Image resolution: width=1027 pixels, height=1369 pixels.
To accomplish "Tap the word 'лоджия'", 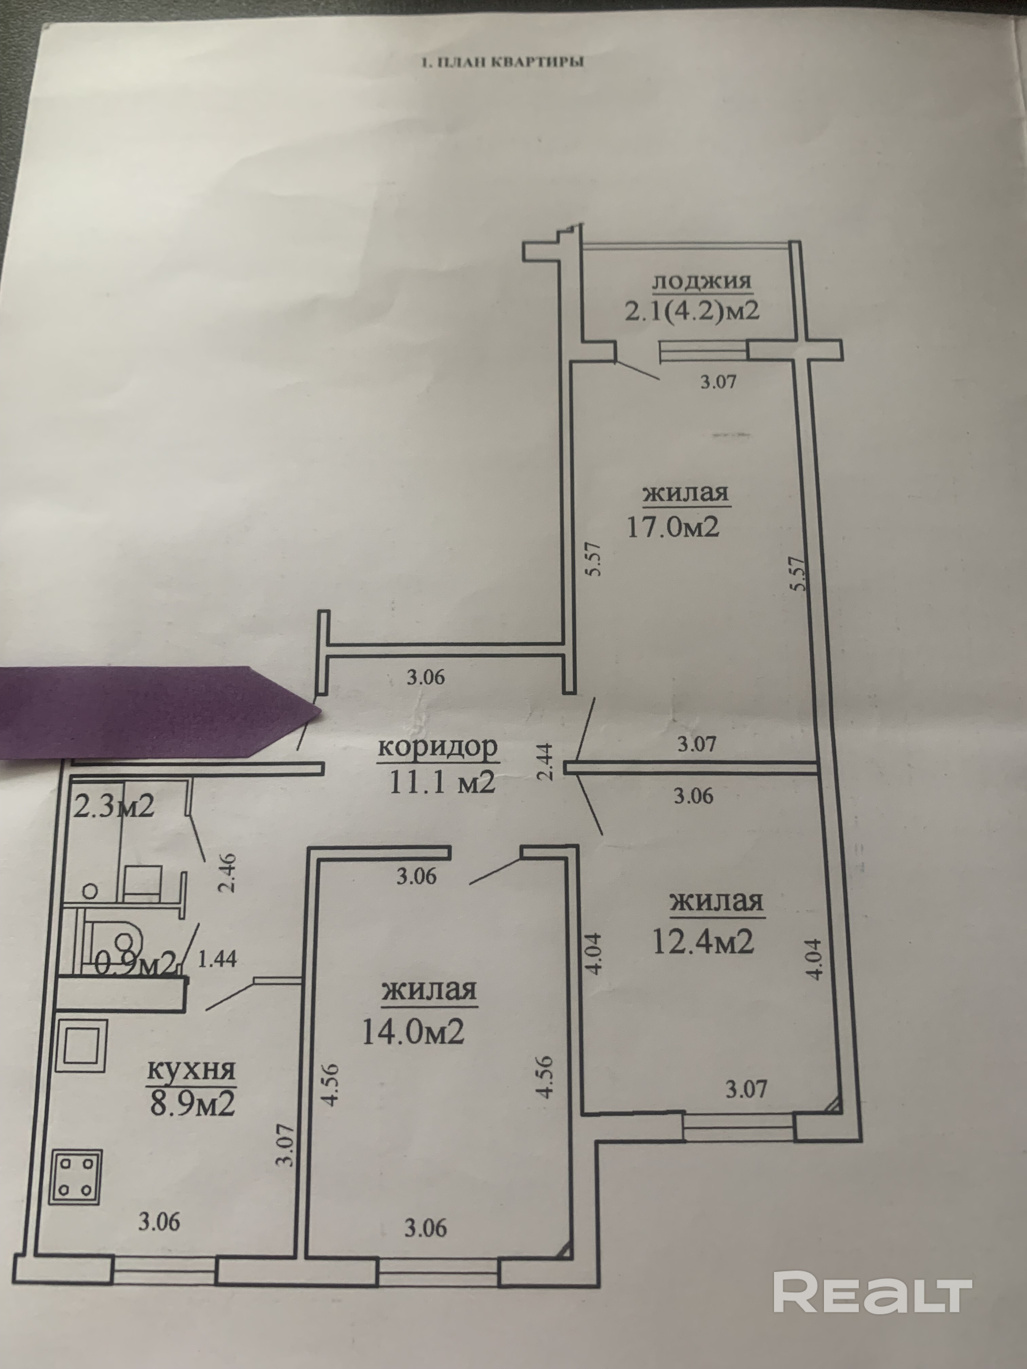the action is pyautogui.click(x=701, y=282).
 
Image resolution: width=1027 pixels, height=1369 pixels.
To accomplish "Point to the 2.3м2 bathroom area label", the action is pyautogui.click(x=113, y=807).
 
